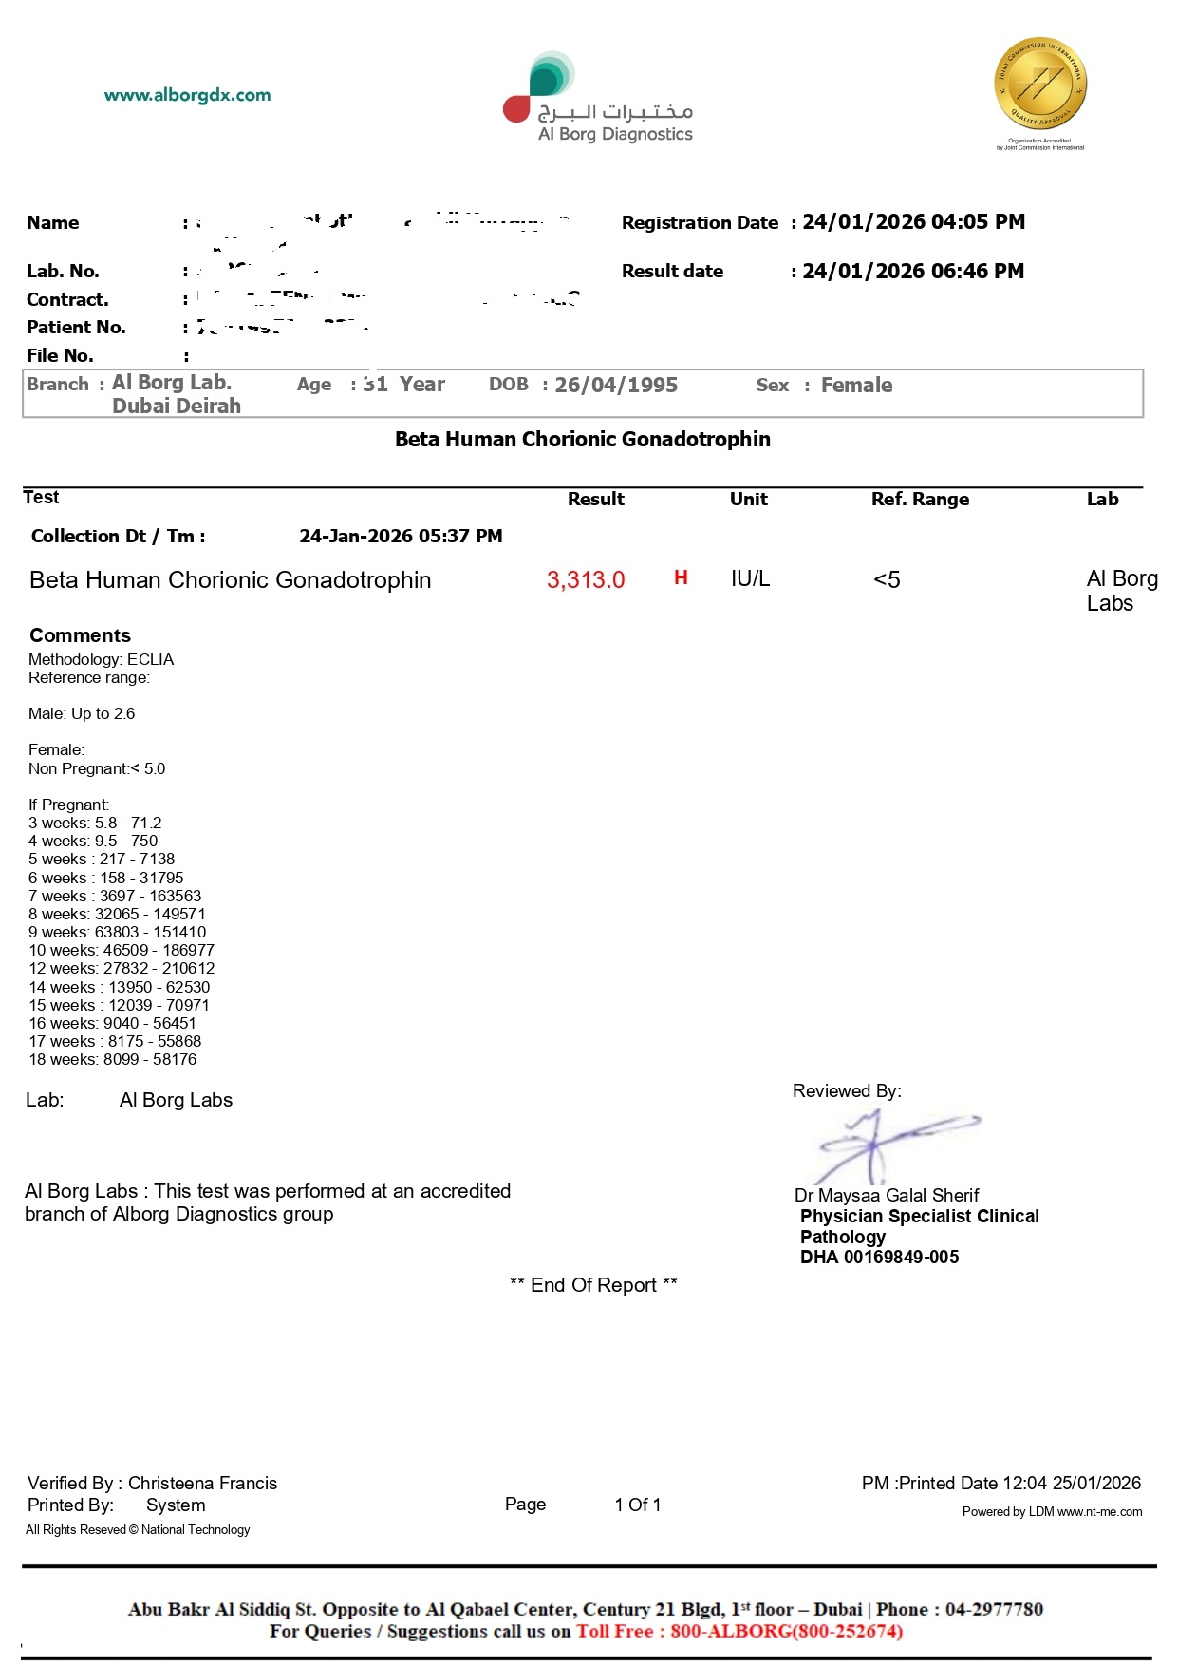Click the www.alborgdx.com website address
click(187, 95)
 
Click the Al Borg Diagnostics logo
click(598, 100)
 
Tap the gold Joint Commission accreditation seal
click(1040, 85)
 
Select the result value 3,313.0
click(586, 580)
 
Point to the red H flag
click(681, 577)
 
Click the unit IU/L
click(750, 579)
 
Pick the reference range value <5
click(887, 580)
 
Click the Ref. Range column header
click(920, 500)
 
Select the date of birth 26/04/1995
click(616, 386)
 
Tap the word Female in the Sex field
click(856, 386)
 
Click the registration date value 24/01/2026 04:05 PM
click(913, 222)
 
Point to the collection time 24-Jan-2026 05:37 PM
click(401, 537)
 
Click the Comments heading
click(80, 635)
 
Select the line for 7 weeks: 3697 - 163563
click(115, 896)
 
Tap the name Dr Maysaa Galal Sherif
click(887, 1196)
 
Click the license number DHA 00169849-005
click(879, 1258)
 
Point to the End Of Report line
click(593, 1285)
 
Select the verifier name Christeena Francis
click(202, 1484)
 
